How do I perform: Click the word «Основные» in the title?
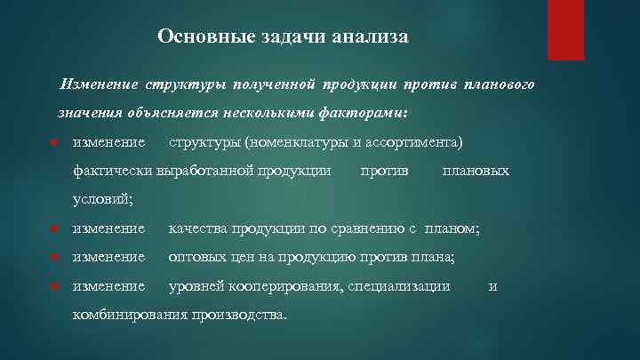pyautogui.click(x=196, y=36)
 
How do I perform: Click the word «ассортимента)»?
pyautogui.click(x=418, y=142)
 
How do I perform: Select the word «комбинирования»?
pyautogui.click(x=128, y=315)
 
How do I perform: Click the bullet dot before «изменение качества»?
pyautogui.click(x=54, y=229)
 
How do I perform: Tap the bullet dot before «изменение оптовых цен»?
pyautogui.click(x=54, y=258)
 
